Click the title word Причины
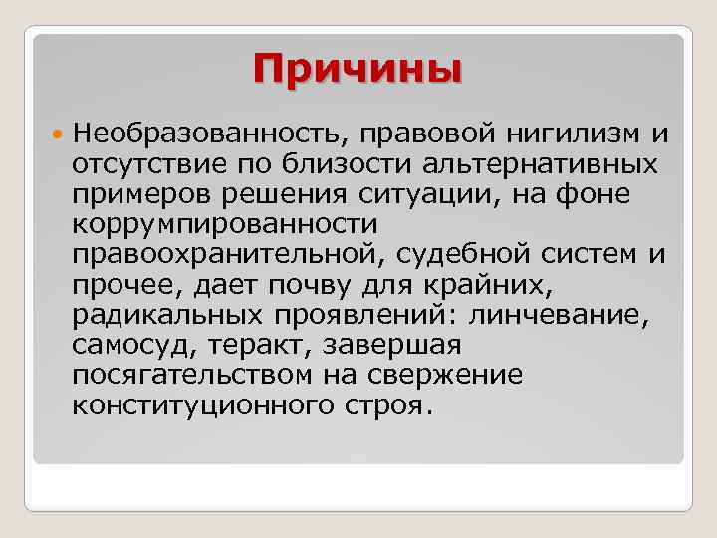tap(358, 70)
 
